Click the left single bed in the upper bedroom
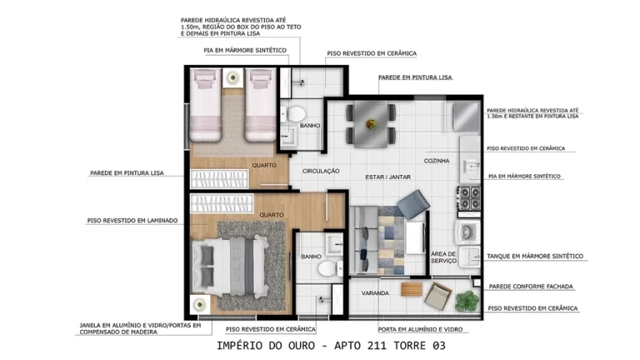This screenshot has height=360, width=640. pos(205,104)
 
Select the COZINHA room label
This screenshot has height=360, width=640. pos(437,160)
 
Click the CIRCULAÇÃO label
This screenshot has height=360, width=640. pos(321,170)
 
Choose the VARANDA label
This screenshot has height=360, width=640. pos(376,293)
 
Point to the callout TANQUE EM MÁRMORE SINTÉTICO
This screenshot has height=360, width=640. pos(534,256)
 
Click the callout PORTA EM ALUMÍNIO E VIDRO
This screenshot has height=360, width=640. pos(424,329)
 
